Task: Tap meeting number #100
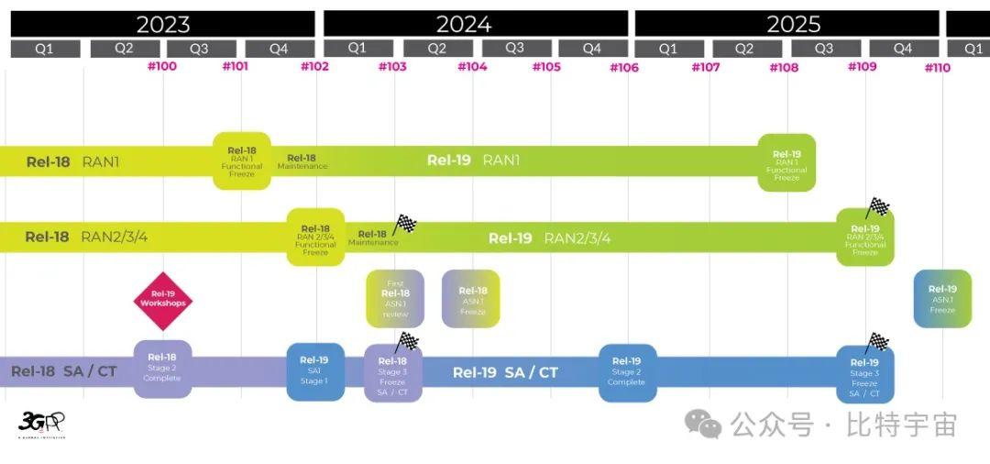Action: [x=162, y=66]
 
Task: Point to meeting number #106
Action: [x=623, y=67]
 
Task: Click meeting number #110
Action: [x=937, y=67]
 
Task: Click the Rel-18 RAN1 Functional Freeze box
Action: [x=242, y=161]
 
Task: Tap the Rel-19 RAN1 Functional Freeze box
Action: [x=786, y=163]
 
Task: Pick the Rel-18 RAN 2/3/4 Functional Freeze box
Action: [x=315, y=238]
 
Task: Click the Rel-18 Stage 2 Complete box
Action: [x=162, y=369]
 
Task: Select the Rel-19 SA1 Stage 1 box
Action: [x=314, y=371]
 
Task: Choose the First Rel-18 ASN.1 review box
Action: [x=395, y=299]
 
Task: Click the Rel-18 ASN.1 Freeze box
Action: [x=471, y=299]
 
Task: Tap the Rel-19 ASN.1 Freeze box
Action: [x=942, y=299]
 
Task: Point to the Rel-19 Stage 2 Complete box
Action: [x=627, y=372]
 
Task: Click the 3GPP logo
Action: [x=41, y=424]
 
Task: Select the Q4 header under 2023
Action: [x=279, y=49]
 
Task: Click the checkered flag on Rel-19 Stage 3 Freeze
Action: [x=877, y=342]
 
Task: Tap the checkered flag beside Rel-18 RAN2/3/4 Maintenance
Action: [x=404, y=224]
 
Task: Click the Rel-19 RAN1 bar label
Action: [x=473, y=160]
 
